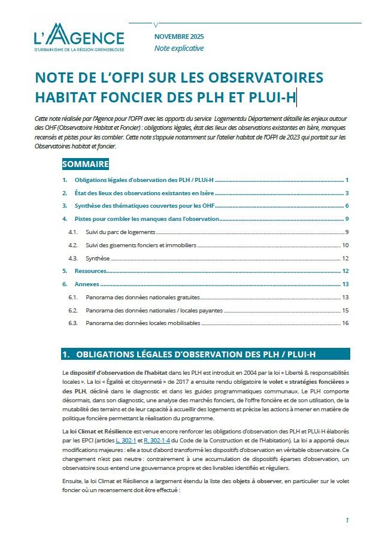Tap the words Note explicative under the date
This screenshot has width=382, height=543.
click(179, 48)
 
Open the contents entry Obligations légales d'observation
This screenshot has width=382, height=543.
click(144, 180)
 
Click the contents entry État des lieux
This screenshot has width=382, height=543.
click(144, 193)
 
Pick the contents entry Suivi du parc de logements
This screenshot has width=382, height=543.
click(120, 232)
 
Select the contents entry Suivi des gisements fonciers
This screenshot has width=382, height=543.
click(141, 245)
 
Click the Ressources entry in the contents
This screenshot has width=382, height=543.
click(90, 271)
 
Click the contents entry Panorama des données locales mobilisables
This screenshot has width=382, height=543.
click(143, 323)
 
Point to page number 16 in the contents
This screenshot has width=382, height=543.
click(345, 323)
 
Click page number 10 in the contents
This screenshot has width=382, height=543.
click(345, 245)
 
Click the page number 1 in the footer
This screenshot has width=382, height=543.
click(347, 521)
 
